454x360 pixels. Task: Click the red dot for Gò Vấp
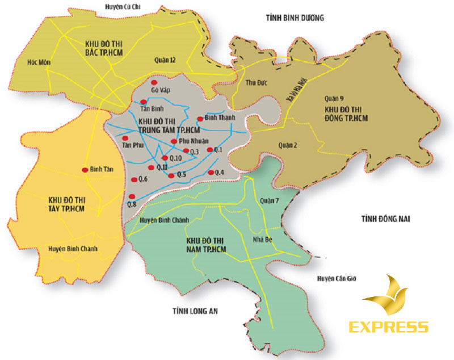154,83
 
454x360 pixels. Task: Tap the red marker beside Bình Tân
85,169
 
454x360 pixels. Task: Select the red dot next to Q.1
209,150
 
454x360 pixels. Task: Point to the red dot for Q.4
211,172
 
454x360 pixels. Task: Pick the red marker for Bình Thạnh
199,119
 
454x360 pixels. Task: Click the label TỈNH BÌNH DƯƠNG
294,18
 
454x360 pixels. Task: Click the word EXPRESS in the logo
389,327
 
